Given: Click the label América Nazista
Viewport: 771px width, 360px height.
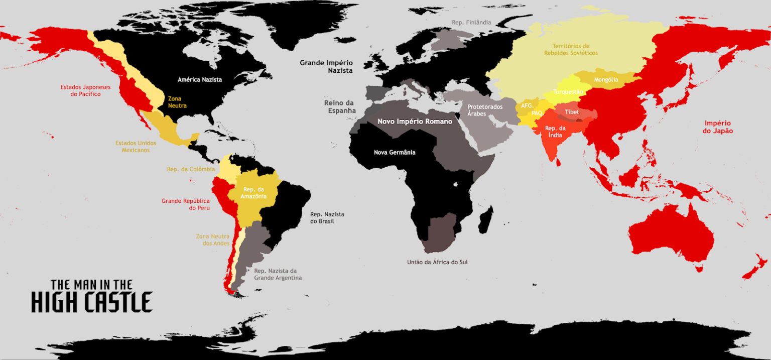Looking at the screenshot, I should (x=200, y=79).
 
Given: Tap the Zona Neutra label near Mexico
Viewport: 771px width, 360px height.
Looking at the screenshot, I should (x=177, y=102).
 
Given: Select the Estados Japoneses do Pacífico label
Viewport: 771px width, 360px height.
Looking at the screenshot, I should (x=85, y=90).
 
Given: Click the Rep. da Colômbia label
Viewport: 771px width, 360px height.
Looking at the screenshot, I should (x=191, y=169).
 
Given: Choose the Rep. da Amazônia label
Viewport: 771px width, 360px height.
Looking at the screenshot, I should (x=254, y=193).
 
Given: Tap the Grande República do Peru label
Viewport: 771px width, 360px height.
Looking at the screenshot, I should (x=186, y=204).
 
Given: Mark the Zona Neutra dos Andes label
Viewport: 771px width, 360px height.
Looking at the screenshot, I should (x=213, y=240).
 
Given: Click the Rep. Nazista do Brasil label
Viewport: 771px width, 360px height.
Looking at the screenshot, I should (x=327, y=217).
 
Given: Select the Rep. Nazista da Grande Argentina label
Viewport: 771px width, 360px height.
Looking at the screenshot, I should (x=278, y=274).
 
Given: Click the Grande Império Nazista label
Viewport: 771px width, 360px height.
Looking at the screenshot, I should (x=326, y=67).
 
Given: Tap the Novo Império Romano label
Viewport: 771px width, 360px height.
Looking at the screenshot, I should (x=415, y=122).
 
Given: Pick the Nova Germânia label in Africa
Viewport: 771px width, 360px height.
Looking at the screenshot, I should (x=395, y=152).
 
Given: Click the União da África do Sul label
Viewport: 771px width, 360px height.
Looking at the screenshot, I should (x=437, y=262).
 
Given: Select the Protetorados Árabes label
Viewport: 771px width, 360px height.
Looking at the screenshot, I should (x=481, y=110).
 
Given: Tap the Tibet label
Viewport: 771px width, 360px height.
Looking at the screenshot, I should (x=572, y=112).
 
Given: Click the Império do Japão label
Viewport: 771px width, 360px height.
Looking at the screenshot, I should (x=718, y=127).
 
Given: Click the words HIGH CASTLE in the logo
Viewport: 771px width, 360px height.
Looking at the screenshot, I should (x=91, y=302).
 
